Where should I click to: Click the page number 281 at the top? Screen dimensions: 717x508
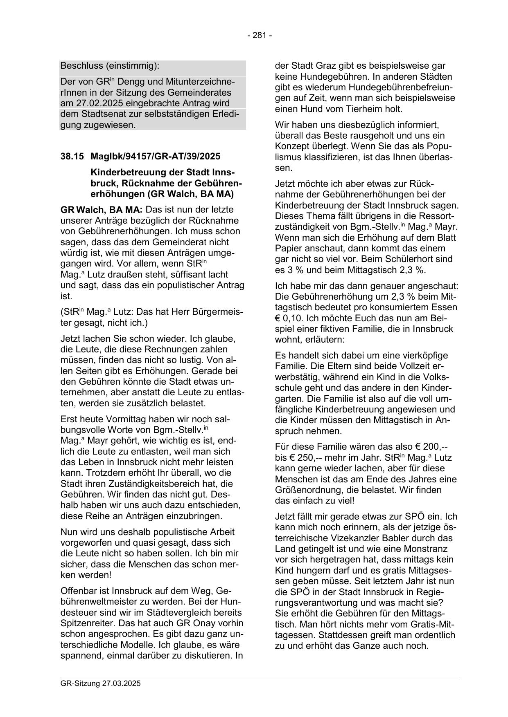[x=260, y=36]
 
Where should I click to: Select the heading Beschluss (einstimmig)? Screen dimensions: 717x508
[x=110, y=65]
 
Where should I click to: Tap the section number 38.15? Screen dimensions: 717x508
[x=72, y=156]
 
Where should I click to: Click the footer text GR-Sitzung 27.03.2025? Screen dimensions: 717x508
[x=100, y=683]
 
